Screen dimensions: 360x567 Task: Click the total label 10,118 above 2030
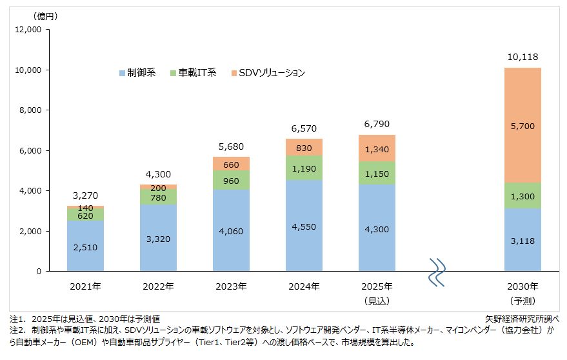tap(523, 57)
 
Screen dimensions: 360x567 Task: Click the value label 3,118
tap(523, 240)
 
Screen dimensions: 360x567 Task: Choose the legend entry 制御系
tap(137, 73)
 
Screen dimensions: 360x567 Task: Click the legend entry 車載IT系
tap(194, 73)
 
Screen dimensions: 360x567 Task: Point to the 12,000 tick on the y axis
tap(28, 30)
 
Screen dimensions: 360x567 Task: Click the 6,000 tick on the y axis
tap(30, 150)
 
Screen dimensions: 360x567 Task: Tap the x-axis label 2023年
tap(231, 286)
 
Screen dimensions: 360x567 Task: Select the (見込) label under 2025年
tap(377, 301)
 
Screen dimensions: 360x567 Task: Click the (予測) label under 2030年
tap(523, 301)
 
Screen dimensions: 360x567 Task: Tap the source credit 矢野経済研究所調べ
tap(521, 319)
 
